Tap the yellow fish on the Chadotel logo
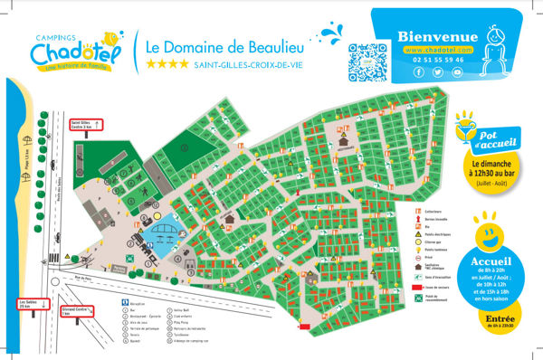[111, 38]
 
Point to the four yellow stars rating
[167, 64]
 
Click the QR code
[367, 61]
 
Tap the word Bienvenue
[437, 36]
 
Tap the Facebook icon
[418, 72]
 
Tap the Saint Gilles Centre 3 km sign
[87, 126]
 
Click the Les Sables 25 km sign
[32, 303]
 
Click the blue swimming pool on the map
[163, 233]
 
